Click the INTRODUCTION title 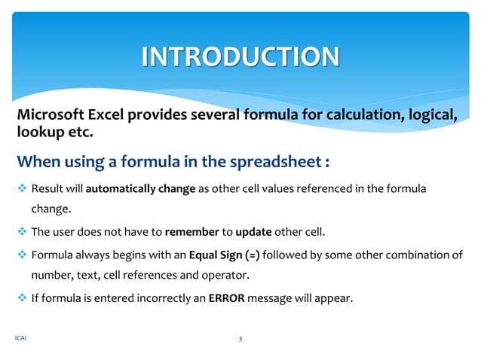point(240,56)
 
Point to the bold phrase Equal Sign point(211,255)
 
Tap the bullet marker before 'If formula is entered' point(22,297)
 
